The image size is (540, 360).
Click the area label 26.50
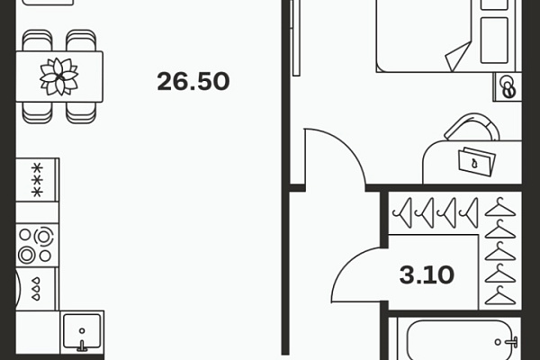click(x=193, y=81)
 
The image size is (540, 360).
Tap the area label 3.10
click(x=427, y=274)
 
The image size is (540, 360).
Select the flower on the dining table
click(x=59, y=76)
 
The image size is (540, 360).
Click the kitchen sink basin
click(x=82, y=330)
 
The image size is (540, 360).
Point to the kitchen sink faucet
click(x=82, y=346)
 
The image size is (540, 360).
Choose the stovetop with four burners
click(x=37, y=246)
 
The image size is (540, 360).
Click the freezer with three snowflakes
click(x=37, y=180)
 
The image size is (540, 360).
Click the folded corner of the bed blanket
click(x=458, y=57)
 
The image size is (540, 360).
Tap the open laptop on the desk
click(x=477, y=161)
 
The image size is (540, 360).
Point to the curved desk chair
click(x=472, y=127)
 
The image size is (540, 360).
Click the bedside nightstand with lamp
click(x=508, y=86)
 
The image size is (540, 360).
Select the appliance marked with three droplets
click(x=37, y=289)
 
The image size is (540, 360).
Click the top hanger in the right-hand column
click(x=500, y=207)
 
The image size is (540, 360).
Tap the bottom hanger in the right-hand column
click(x=500, y=295)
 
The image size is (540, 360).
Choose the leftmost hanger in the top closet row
click(x=402, y=212)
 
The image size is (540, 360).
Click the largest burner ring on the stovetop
click(x=42, y=237)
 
